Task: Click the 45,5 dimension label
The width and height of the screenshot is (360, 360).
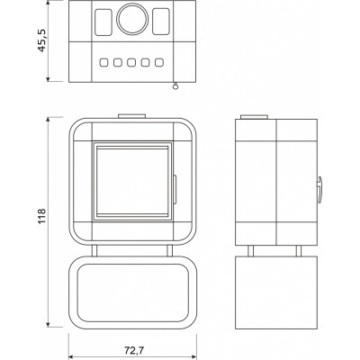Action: [41, 40]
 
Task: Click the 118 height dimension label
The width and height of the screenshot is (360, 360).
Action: [41, 216]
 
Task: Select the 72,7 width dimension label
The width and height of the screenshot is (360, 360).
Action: [132, 350]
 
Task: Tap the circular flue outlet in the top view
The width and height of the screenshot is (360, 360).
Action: [132, 19]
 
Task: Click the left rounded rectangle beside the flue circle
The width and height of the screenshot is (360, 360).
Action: [103, 22]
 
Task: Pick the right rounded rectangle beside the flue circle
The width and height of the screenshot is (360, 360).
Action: [161, 22]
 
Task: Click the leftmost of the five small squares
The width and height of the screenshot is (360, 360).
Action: [103, 62]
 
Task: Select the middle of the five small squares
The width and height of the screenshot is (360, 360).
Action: [131, 62]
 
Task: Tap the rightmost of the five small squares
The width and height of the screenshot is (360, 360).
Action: [159, 62]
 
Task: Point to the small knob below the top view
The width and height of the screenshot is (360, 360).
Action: [175, 86]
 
